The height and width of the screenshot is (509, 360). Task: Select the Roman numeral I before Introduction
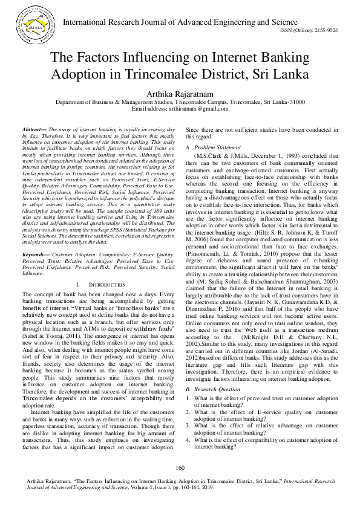[79, 284]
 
